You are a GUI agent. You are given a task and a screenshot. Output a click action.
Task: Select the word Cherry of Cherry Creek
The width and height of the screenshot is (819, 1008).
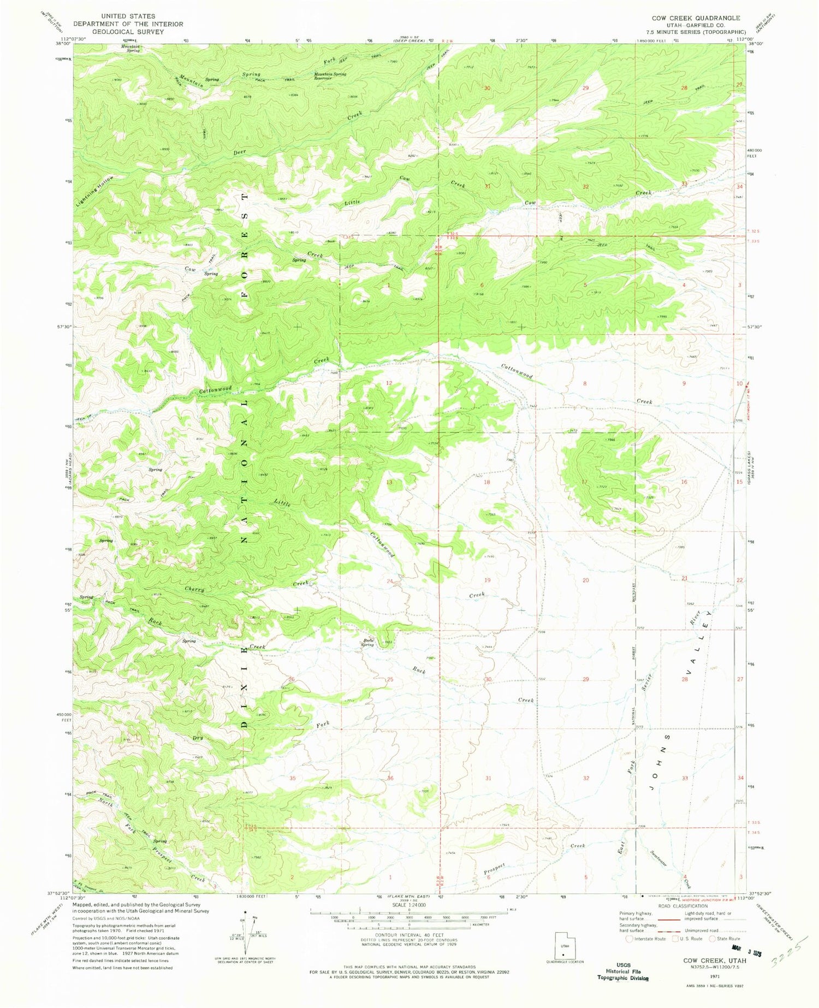pos(194,589)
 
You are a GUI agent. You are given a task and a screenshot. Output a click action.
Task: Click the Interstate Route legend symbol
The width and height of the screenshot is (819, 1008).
pos(630,939)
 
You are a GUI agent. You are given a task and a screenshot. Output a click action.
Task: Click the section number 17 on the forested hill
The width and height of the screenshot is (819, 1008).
pos(585,482)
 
